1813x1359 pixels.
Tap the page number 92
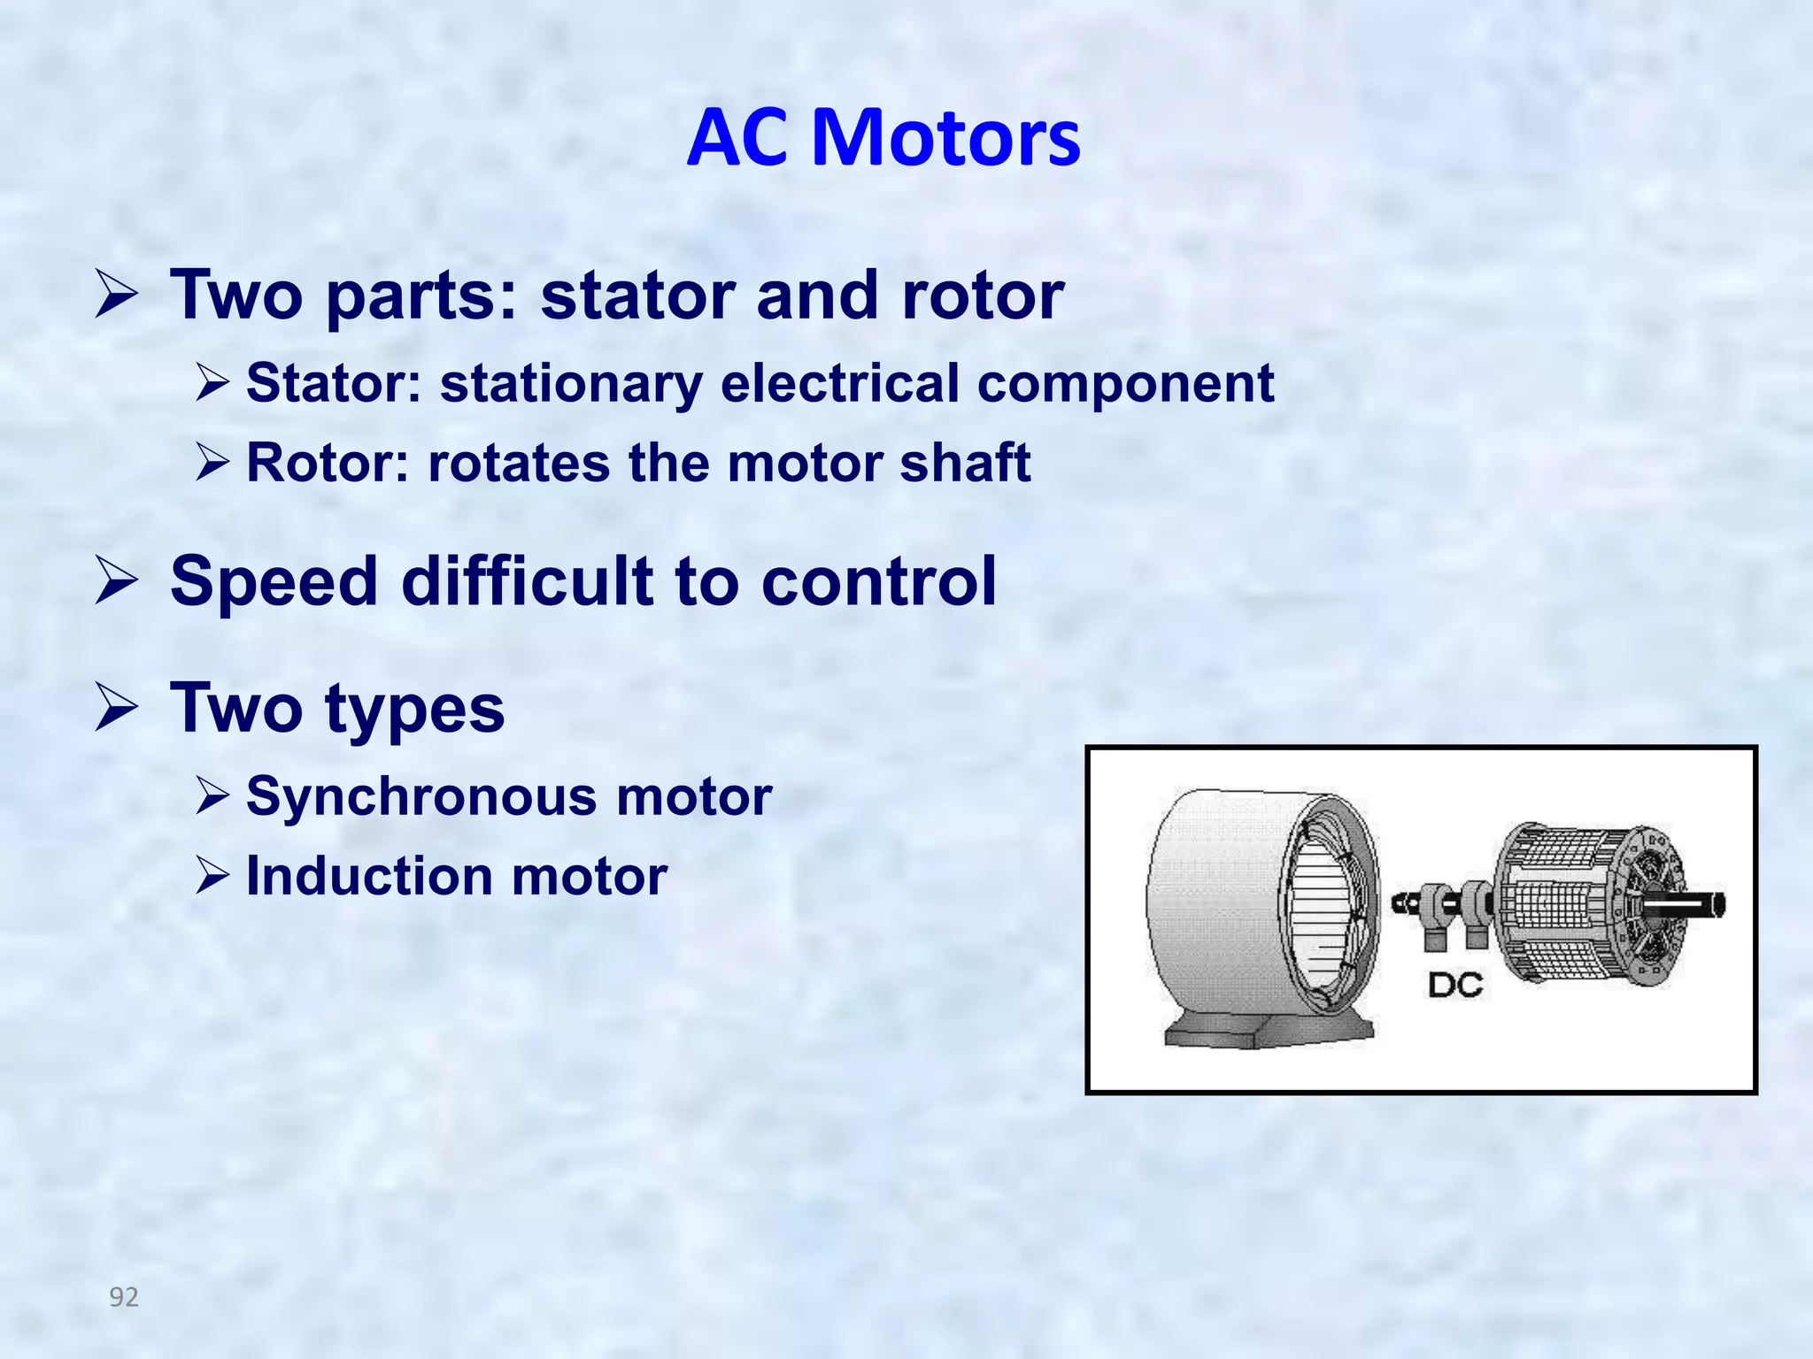tap(124, 1297)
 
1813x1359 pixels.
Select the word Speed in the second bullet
tap(274, 582)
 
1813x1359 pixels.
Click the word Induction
tap(369, 876)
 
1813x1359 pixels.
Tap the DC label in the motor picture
tap(1454, 985)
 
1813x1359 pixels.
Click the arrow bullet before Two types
tap(116, 709)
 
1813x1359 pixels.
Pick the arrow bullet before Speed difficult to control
tap(116, 582)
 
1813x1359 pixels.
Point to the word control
tap(878, 582)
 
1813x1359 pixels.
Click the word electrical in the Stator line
tap(839, 383)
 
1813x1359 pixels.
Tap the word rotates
tap(519, 463)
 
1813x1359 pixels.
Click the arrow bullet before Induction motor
tap(212, 876)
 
